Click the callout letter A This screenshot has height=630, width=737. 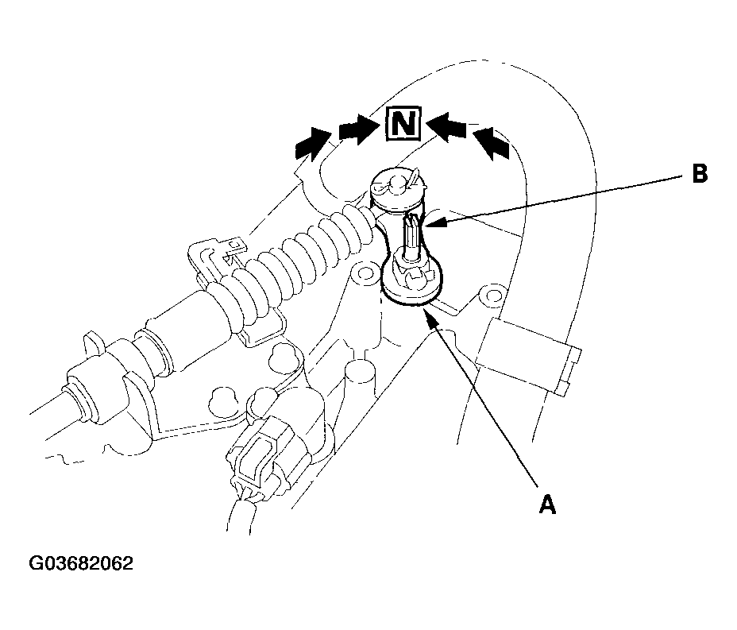point(547,505)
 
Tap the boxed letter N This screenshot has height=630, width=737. point(403,124)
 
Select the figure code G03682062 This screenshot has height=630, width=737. point(81,563)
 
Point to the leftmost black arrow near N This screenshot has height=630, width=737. point(313,144)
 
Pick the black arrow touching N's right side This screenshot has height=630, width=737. point(446,125)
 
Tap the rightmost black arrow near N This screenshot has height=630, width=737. point(491,143)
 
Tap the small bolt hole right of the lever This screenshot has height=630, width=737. point(493,296)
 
